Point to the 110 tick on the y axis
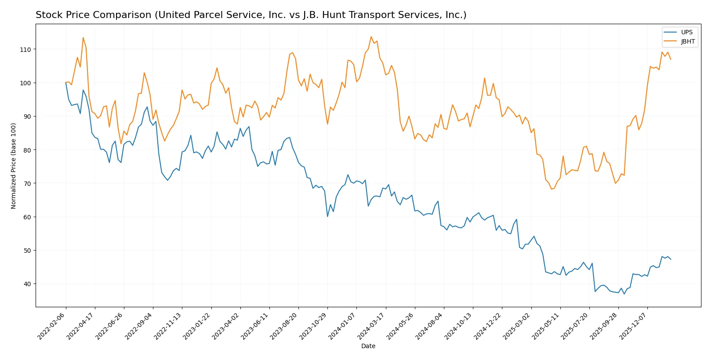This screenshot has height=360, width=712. (x=25, y=50)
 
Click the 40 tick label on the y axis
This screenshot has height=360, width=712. (x=27, y=284)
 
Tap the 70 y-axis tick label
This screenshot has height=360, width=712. (x=27, y=184)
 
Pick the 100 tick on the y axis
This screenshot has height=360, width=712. (x=25, y=83)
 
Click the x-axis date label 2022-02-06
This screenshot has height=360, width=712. (x=51, y=326)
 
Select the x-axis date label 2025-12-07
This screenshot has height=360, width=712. (x=633, y=326)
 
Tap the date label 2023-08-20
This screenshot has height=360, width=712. (x=284, y=326)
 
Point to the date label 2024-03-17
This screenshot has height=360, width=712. (x=371, y=326)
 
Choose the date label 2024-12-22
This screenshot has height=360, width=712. (x=487, y=326)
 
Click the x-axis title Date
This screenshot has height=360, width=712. (x=368, y=346)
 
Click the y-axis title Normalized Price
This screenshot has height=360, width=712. (x=14, y=166)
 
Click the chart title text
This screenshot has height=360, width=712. (x=251, y=15)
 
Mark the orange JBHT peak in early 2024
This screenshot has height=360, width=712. (x=371, y=36)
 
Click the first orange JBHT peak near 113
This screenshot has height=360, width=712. (x=83, y=37)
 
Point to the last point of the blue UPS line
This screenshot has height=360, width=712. (x=670, y=259)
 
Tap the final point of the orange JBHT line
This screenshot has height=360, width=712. (x=670, y=59)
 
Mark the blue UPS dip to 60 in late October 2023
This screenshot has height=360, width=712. (x=327, y=216)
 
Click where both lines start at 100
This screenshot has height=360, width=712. (x=66, y=83)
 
